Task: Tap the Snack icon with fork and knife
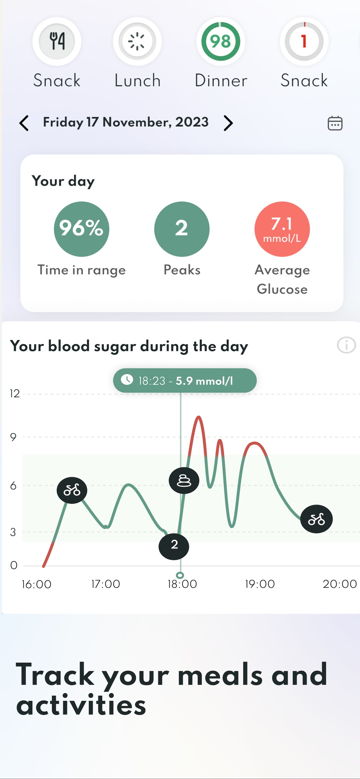pyautogui.click(x=57, y=41)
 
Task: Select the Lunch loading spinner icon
pyautogui.click(x=137, y=41)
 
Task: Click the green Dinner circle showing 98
pyautogui.click(x=221, y=41)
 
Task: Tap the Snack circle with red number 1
pyautogui.click(x=304, y=41)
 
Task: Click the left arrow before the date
pyautogui.click(x=24, y=123)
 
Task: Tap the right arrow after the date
pyautogui.click(x=228, y=123)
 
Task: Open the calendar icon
pyautogui.click(x=335, y=123)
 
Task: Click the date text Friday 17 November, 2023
pyautogui.click(x=126, y=122)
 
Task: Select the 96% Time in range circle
pyautogui.click(x=81, y=229)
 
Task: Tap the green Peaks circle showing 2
pyautogui.click(x=181, y=229)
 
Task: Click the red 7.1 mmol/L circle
pyautogui.click(x=282, y=229)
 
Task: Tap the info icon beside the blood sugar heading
pyautogui.click(x=346, y=345)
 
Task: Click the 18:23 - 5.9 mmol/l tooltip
pyautogui.click(x=185, y=381)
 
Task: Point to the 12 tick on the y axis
pyautogui.click(x=14, y=394)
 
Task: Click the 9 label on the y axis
pyautogui.click(x=13, y=437)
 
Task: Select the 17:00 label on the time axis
pyautogui.click(x=106, y=584)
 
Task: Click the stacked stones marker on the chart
pyautogui.click(x=184, y=480)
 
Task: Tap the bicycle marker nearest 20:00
pyautogui.click(x=317, y=519)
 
